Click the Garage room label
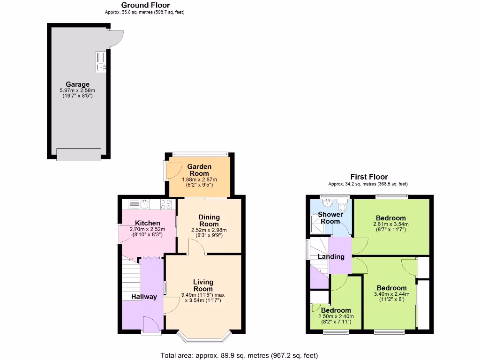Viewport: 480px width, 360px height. point(77,85)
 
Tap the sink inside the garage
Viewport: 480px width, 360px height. point(101,62)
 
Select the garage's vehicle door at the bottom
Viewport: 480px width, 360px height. point(79,154)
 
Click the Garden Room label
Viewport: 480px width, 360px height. point(199,170)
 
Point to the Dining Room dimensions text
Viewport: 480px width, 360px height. point(209,232)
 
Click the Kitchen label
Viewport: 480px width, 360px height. point(148,223)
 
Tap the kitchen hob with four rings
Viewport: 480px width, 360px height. point(166,204)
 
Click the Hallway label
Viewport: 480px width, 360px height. point(141,297)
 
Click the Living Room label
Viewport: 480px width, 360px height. point(203,285)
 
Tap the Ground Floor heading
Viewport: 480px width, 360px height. point(146,5)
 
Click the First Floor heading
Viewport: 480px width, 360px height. point(369,177)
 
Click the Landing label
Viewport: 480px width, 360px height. point(331,256)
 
